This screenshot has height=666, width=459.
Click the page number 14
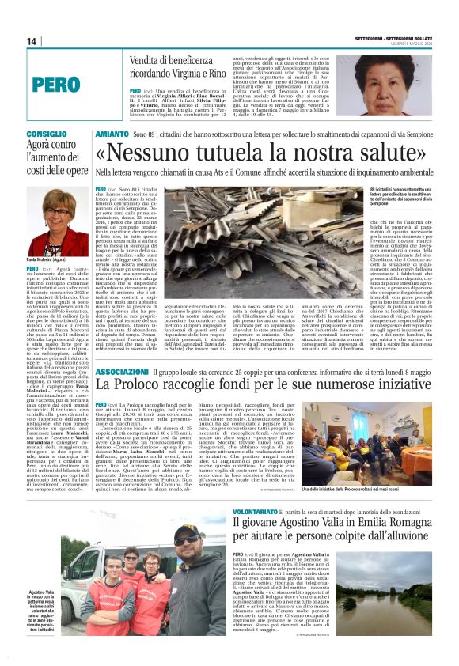click(x=32, y=41)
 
